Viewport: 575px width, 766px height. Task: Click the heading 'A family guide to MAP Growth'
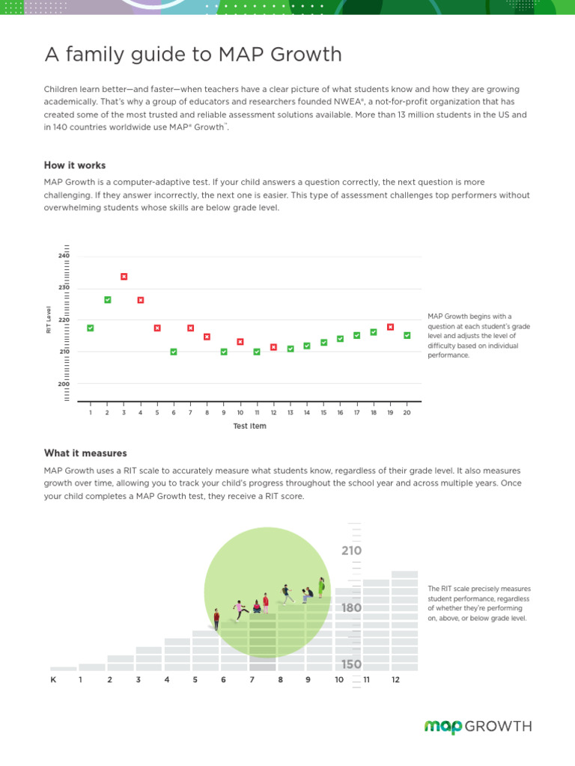pyautogui.click(x=193, y=55)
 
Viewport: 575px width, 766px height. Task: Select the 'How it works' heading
pyautogui.click(x=75, y=165)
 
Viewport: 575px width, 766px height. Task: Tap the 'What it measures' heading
pyautogui.click(x=85, y=453)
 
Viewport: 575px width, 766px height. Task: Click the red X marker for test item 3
pyautogui.click(x=124, y=277)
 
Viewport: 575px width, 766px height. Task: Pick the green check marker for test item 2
pyautogui.click(x=107, y=300)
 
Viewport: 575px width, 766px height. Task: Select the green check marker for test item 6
pyautogui.click(x=174, y=352)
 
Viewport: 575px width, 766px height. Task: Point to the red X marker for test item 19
pyautogui.click(x=390, y=327)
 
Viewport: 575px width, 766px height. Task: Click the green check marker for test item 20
pyautogui.click(x=407, y=336)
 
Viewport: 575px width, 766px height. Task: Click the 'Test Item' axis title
pyautogui.click(x=249, y=426)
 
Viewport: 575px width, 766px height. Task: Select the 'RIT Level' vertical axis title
pyautogui.click(x=49, y=320)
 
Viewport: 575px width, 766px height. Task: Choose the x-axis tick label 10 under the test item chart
pyautogui.click(x=240, y=413)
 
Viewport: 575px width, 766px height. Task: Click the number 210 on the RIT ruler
pyautogui.click(x=351, y=551)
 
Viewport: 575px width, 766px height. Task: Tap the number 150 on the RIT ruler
pyautogui.click(x=352, y=664)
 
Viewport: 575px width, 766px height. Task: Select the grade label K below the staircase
pyautogui.click(x=53, y=680)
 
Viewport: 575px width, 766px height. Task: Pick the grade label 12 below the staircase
pyautogui.click(x=395, y=680)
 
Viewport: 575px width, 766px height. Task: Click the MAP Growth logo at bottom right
pyautogui.click(x=478, y=726)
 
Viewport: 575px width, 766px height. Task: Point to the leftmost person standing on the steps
pyautogui.click(x=216, y=619)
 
